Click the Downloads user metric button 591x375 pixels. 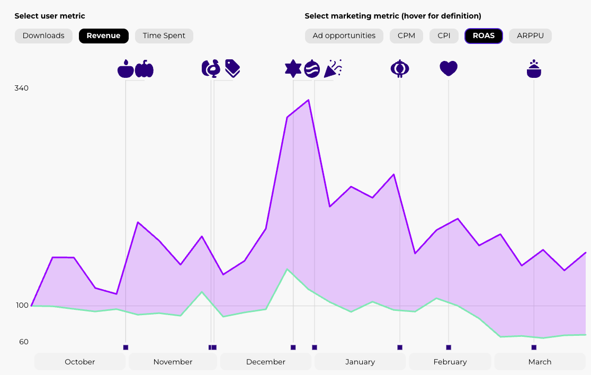coord(43,36)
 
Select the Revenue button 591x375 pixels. coord(104,36)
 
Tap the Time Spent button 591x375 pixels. coord(164,36)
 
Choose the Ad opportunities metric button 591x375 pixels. coord(344,36)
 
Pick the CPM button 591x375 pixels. coord(406,36)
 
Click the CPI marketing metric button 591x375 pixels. coord(444,36)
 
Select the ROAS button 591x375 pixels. coord(483,36)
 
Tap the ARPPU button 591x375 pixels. coord(530,36)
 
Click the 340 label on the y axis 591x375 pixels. coord(22,88)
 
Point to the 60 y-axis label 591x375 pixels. coord(24,342)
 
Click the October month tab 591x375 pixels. coord(80,362)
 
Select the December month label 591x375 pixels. coord(266,362)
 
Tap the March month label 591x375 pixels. coord(540,362)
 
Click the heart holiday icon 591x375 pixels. coord(449,68)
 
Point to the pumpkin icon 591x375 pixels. coord(144,69)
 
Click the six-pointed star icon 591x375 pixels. coord(293,68)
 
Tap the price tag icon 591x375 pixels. coord(232,68)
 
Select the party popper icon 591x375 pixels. coord(333,68)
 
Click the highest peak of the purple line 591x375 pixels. coord(308,100)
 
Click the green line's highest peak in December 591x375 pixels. coord(287,269)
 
